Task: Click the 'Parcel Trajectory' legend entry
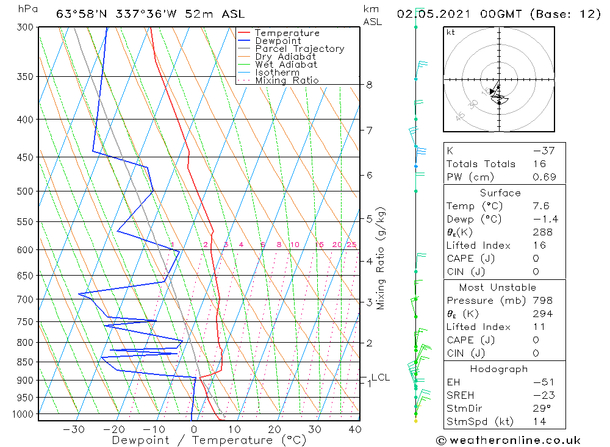(299, 49)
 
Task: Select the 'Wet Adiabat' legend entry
(285, 65)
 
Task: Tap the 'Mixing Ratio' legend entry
(287, 80)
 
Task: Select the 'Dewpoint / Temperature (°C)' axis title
(209, 440)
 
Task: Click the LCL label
(380, 377)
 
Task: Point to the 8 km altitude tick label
(370, 85)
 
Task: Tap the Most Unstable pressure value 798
(542, 301)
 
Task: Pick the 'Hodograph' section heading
(504, 369)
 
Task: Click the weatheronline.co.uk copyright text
(508, 440)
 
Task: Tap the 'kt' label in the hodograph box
(451, 32)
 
